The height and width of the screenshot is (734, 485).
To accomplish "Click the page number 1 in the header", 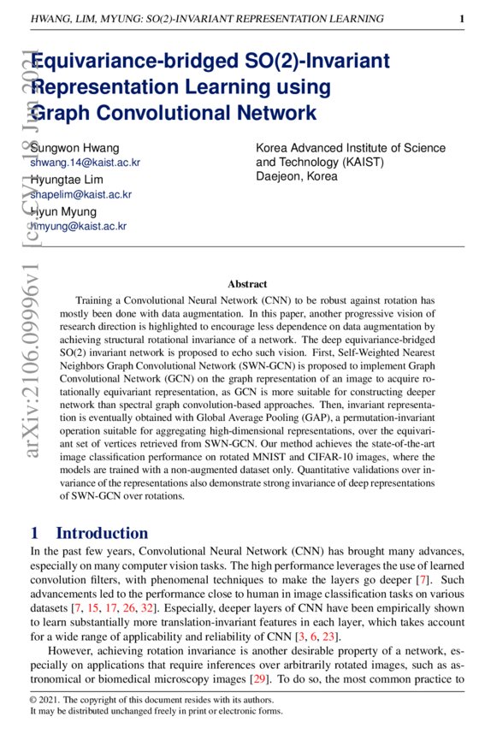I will [462, 18].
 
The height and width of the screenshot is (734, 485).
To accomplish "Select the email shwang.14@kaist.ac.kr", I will [85, 162].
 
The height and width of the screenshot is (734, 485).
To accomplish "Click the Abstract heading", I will [247, 284].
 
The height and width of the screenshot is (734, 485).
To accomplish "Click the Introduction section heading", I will [102, 533].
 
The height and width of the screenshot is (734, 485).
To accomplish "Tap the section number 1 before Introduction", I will [34, 533].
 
